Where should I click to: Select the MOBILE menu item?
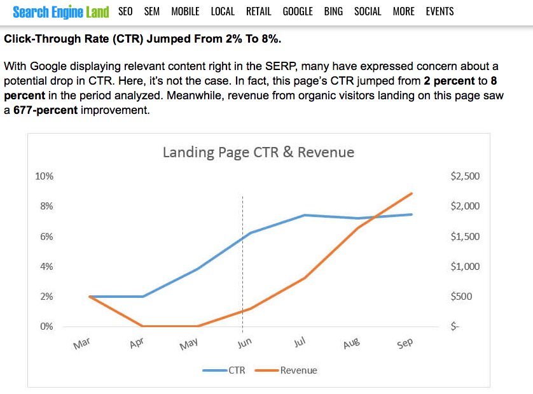[185, 11]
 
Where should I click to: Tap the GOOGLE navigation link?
[298, 11]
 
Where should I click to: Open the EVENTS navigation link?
[440, 11]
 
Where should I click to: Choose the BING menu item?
[333, 11]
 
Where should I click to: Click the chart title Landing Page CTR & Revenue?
[258, 152]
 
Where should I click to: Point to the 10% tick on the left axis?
[44, 176]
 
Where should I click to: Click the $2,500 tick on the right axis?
[465, 176]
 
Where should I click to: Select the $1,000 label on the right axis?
[465, 267]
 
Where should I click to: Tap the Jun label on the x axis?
[245, 344]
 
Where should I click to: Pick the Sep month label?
[405, 344]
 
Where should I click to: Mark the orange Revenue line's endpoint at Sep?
[412, 193]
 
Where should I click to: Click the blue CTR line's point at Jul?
[305, 215]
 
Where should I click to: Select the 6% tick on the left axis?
[46, 236]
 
